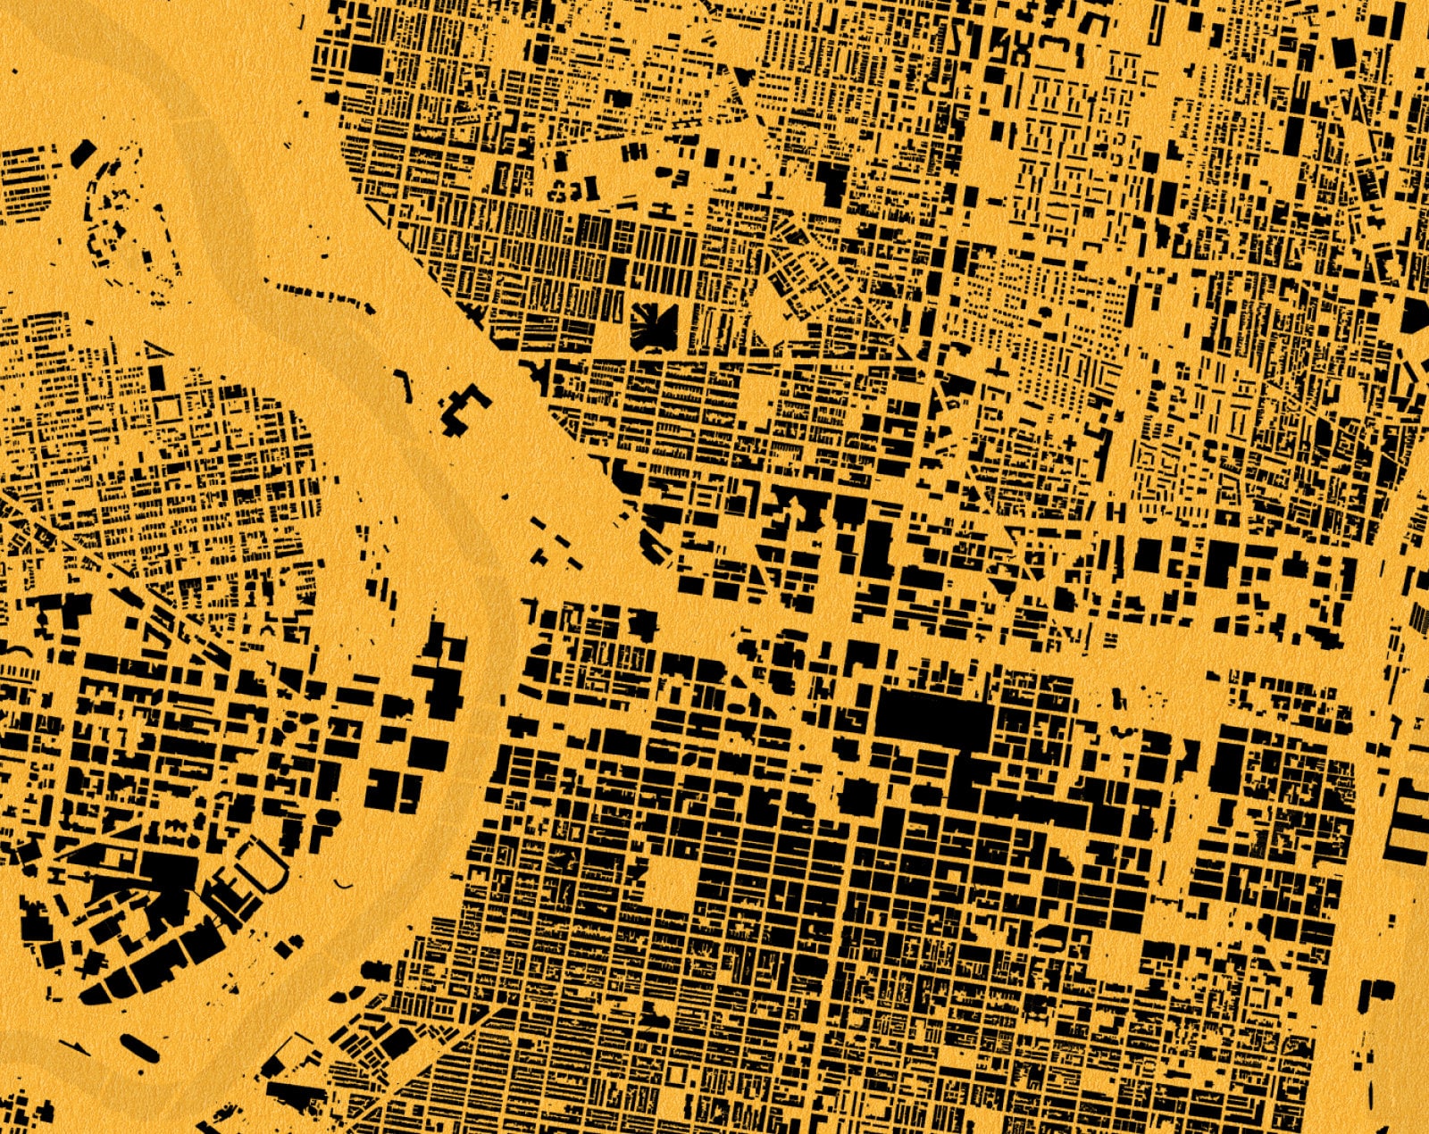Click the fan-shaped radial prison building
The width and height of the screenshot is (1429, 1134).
coord(654,325)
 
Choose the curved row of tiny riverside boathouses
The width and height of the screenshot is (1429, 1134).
coord(322,294)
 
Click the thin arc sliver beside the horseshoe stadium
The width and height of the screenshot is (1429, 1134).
coord(343,884)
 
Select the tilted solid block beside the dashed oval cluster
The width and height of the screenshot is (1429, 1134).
coord(81,153)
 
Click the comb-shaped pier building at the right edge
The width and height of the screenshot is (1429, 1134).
coord(1409,821)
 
